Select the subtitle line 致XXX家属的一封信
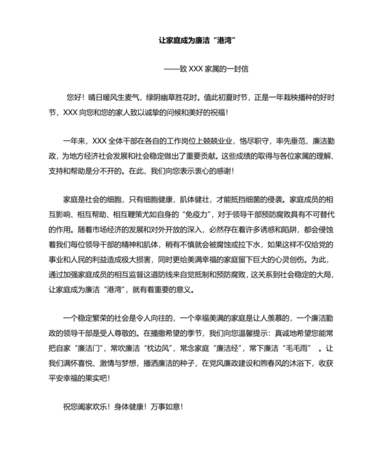click(x=215, y=68)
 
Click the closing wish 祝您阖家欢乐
click(x=87, y=406)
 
